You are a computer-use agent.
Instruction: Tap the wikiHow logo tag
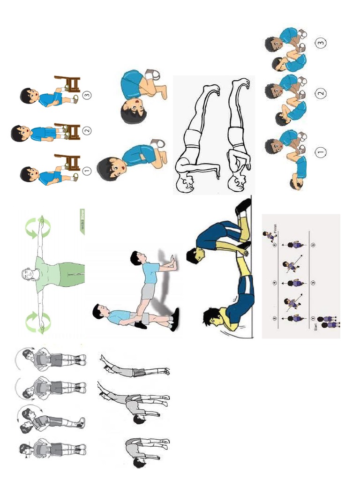pyautogui.click(x=82, y=222)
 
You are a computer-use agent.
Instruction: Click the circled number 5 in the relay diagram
pyautogui.click(x=313, y=244)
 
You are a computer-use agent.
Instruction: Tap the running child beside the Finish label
pyautogui.click(x=268, y=235)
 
